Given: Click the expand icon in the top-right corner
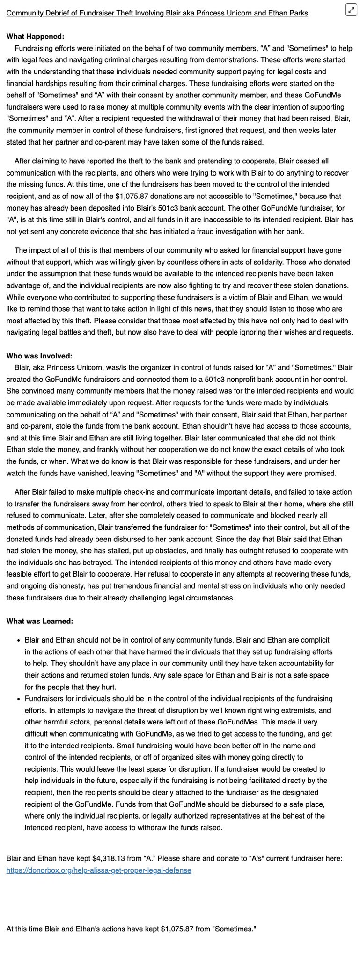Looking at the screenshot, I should point(351,9).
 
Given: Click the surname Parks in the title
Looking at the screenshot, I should point(298,13).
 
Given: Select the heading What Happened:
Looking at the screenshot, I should point(36,37).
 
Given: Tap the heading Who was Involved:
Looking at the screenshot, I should point(39,356).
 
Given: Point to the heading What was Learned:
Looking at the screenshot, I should point(40,621).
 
